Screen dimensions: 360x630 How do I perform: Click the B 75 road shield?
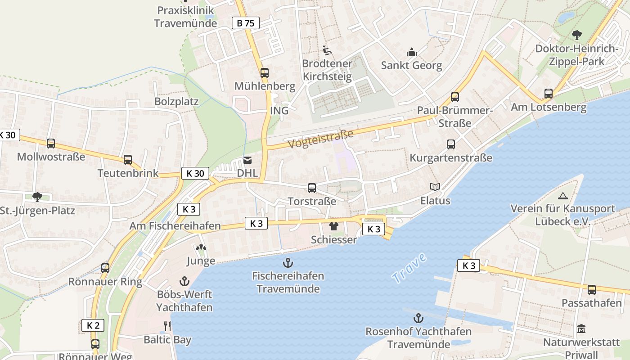[246, 23]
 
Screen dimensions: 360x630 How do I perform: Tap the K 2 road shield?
[93, 325]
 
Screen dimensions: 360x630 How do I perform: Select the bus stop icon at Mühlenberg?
[265, 72]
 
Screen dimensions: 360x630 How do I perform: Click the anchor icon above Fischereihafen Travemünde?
[288, 262]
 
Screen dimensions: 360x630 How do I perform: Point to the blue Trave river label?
[409, 268]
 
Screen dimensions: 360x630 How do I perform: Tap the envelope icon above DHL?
[247, 160]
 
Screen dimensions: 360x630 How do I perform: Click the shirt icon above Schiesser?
[333, 226]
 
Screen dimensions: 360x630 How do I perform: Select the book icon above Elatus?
[435, 187]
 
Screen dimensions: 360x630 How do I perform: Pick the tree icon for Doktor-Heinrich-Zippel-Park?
[576, 35]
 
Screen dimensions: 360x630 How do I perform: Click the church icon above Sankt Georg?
[411, 52]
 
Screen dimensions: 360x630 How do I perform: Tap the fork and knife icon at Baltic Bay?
[167, 326]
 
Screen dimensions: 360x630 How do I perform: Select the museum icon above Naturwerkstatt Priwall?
[581, 329]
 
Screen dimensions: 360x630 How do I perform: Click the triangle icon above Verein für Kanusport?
[562, 196]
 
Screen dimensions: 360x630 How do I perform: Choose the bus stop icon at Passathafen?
[592, 290]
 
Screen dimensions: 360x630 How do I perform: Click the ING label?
[279, 111]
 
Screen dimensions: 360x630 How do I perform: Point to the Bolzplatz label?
[176, 101]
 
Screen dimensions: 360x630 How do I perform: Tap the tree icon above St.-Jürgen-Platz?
[37, 197]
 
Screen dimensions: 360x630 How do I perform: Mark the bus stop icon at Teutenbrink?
[128, 160]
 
